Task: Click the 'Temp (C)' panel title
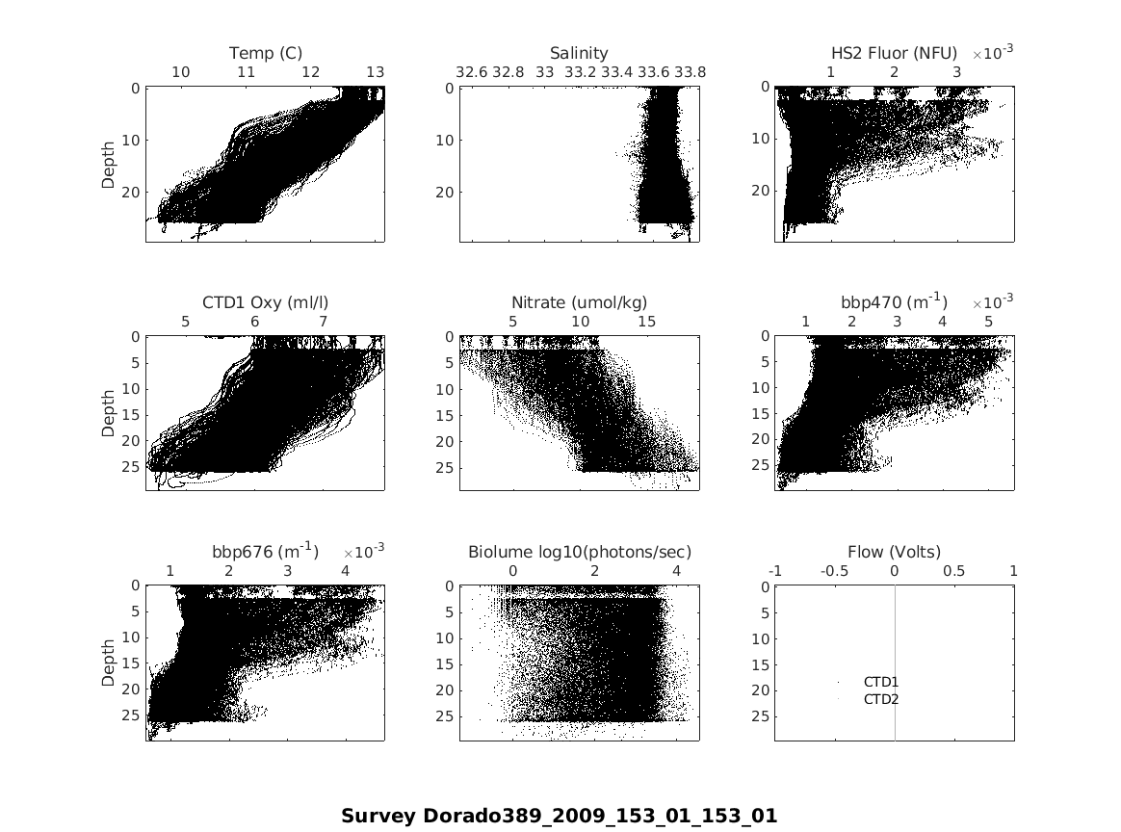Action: tap(265, 53)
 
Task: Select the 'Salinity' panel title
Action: tap(579, 53)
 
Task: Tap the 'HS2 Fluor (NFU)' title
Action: tap(894, 53)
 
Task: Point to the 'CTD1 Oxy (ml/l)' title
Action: tap(265, 302)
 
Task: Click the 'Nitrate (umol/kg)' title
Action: tap(579, 302)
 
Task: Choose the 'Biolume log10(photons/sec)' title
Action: tap(579, 552)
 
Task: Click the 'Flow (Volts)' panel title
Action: tap(894, 552)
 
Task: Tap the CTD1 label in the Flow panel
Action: tap(880, 682)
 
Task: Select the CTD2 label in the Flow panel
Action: tap(880, 699)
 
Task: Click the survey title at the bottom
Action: tap(559, 816)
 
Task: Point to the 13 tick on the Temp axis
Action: tap(375, 72)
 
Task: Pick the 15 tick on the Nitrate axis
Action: tap(647, 322)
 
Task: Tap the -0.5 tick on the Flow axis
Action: tap(834, 571)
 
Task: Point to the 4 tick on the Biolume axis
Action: tap(676, 571)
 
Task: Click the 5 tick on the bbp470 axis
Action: tap(988, 322)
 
